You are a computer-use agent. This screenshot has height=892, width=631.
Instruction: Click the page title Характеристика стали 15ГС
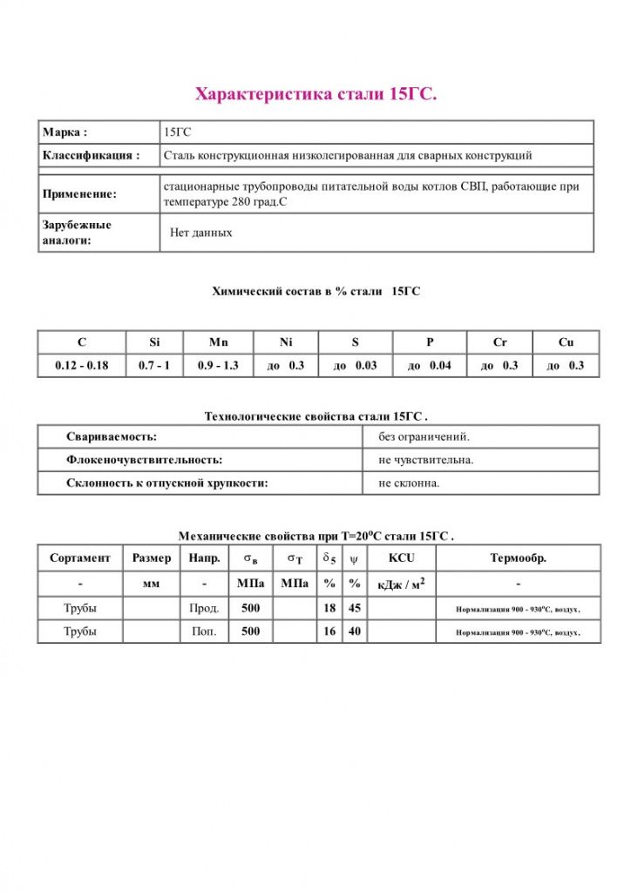click(x=315, y=93)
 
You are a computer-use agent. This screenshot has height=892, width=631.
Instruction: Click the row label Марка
click(x=65, y=132)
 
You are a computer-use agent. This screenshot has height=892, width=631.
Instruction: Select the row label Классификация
click(x=91, y=156)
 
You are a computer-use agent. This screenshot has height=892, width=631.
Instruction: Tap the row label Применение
click(x=79, y=194)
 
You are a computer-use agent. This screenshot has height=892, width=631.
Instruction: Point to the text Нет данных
click(x=201, y=233)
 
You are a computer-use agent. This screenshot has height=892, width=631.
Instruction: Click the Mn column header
click(x=218, y=342)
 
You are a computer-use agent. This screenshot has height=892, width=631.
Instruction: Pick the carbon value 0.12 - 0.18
click(x=81, y=365)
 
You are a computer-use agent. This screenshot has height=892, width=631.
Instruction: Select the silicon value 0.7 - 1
click(x=154, y=365)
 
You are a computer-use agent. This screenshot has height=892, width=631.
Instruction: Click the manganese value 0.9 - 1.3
click(x=218, y=365)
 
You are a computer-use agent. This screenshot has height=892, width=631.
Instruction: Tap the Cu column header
click(x=566, y=342)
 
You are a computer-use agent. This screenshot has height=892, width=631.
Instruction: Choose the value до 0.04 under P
click(x=430, y=365)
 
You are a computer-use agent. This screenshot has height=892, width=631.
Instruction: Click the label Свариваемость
click(x=112, y=436)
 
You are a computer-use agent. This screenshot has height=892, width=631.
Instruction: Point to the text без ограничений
click(x=424, y=436)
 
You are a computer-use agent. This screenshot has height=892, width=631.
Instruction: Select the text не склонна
click(x=409, y=483)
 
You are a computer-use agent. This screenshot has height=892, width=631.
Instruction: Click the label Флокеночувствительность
click(x=144, y=459)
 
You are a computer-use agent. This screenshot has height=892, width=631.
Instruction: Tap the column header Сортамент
click(x=80, y=557)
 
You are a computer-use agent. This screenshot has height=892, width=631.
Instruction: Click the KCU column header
click(x=401, y=557)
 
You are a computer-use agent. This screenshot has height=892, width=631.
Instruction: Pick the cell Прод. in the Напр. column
click(x=204, y=608)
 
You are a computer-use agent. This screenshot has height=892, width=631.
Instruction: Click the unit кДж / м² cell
click(x=401, y=584)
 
